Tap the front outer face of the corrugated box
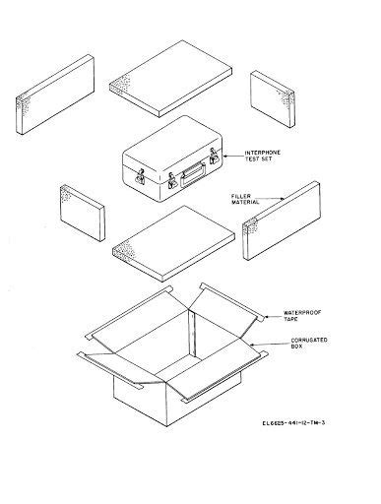coord(148,409)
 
